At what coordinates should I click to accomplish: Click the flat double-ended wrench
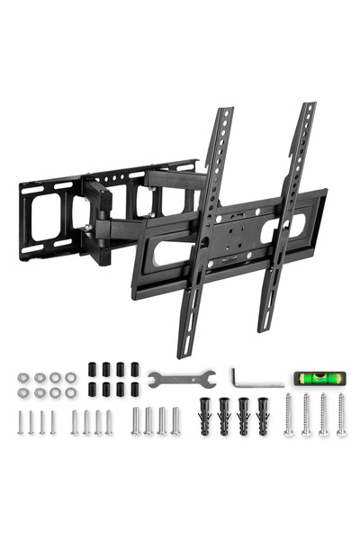point(181,377)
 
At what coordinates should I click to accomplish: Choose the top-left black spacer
point(92,369)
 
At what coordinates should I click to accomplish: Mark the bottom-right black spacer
point(135,389)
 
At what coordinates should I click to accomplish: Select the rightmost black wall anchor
point(263,417)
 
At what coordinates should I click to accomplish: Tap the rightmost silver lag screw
point(341,416)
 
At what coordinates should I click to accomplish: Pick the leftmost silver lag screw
point(289,416)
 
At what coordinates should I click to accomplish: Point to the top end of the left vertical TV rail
point(224,112)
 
